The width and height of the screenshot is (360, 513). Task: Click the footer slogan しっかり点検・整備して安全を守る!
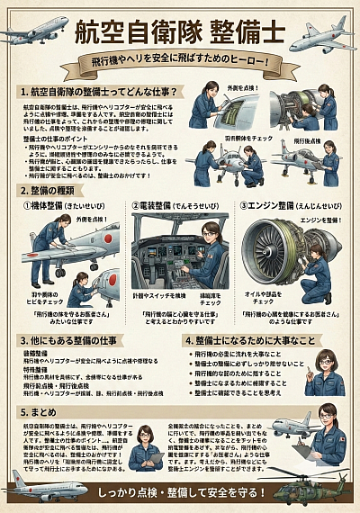point(179,493)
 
